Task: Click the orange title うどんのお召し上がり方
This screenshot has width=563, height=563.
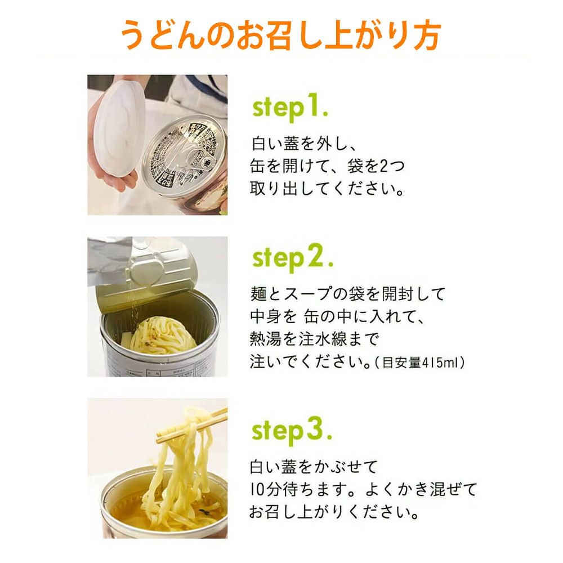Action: point(280,35)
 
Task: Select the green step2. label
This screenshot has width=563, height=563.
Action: point(293,258)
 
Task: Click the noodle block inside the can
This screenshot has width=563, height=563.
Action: point(160,336)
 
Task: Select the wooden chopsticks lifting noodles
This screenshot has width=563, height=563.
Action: point(192,427)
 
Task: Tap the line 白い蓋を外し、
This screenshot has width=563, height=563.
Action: point(303,144)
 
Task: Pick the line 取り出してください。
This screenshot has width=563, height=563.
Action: point(327,189)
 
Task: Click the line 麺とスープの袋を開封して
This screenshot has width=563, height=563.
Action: point(347,294)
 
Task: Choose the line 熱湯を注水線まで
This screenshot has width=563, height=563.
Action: point(314,339)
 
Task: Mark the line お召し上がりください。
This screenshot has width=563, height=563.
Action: point(334,512)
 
